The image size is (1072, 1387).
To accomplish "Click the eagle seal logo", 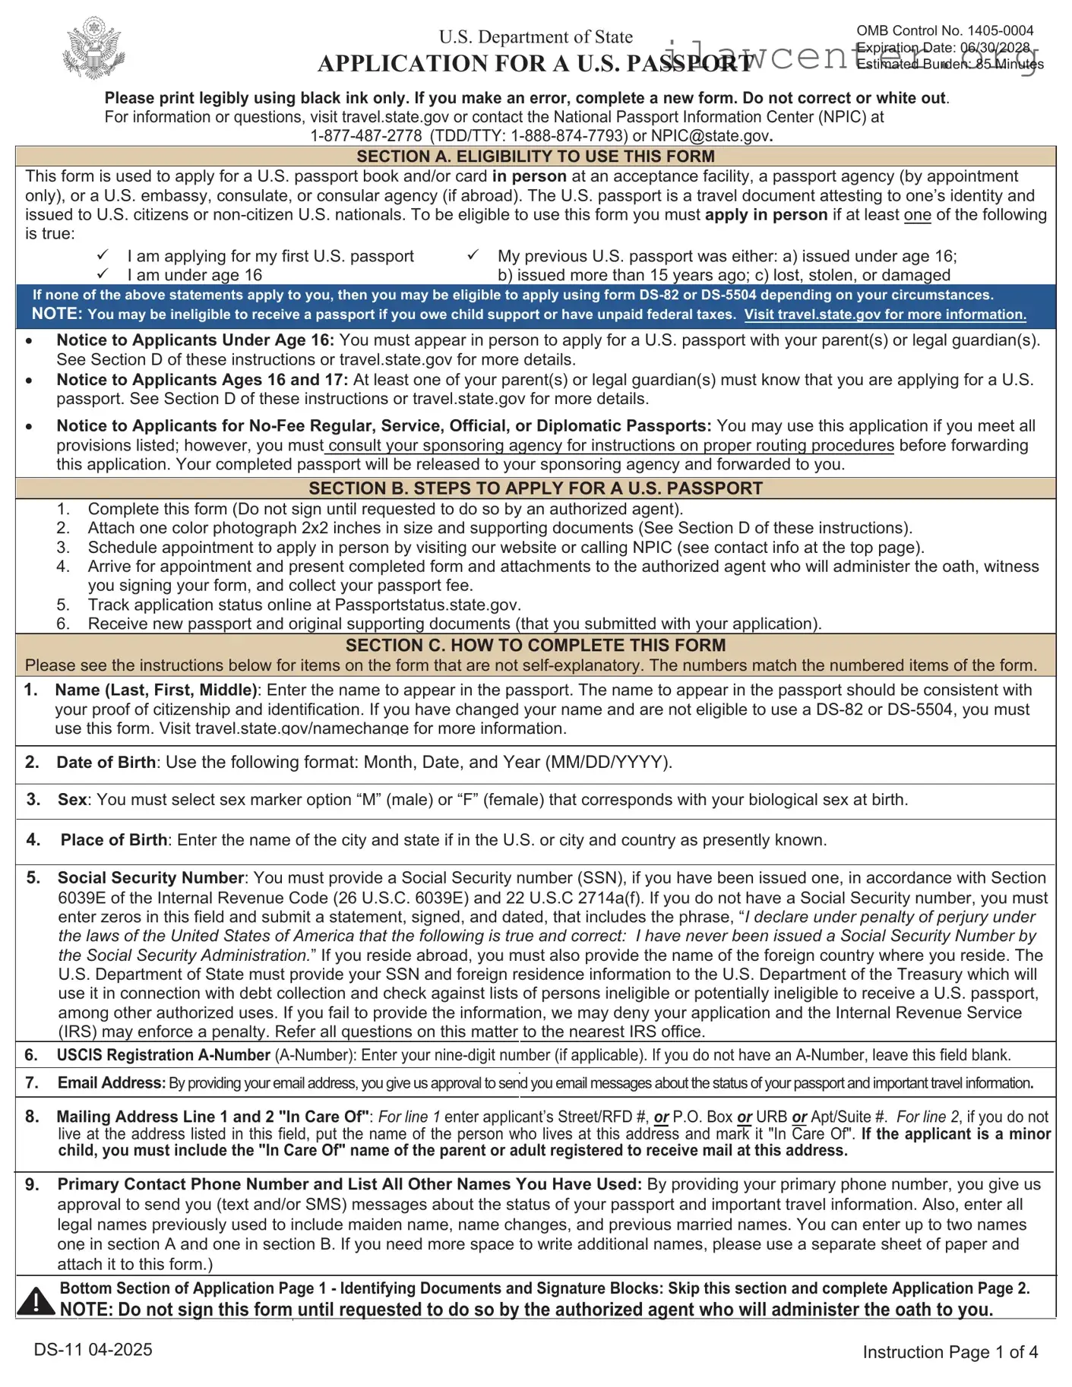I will [x=94, y=49].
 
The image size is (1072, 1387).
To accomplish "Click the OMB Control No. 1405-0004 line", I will [x=944, y=30].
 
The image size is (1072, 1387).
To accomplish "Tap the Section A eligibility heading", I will [x=536, y=156].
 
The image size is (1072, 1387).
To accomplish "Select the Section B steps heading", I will [x=536, y=488].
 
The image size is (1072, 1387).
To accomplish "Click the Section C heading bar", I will [x=536, y=646].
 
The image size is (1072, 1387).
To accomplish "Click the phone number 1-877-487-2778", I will [x=366, y=136].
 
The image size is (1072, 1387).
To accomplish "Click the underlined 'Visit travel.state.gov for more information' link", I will [x=884, y=314].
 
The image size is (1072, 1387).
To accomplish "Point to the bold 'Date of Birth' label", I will [x=106, y=763].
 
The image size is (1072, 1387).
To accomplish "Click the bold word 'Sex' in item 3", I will [x=72, y=800].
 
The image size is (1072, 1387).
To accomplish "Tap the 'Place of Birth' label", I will [x=113, y=840].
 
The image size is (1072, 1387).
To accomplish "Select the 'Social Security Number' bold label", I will [x=150, y=878].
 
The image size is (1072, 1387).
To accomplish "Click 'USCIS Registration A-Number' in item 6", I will [x=163, y=1055].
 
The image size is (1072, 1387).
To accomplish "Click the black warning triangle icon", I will [x=35, y=1300].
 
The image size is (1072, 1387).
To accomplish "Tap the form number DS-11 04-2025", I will [x=93, y=1350].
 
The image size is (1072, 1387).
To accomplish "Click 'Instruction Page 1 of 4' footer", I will [x=950, y=1352].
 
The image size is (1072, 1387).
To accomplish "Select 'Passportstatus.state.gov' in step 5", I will [x=427, y=605].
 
